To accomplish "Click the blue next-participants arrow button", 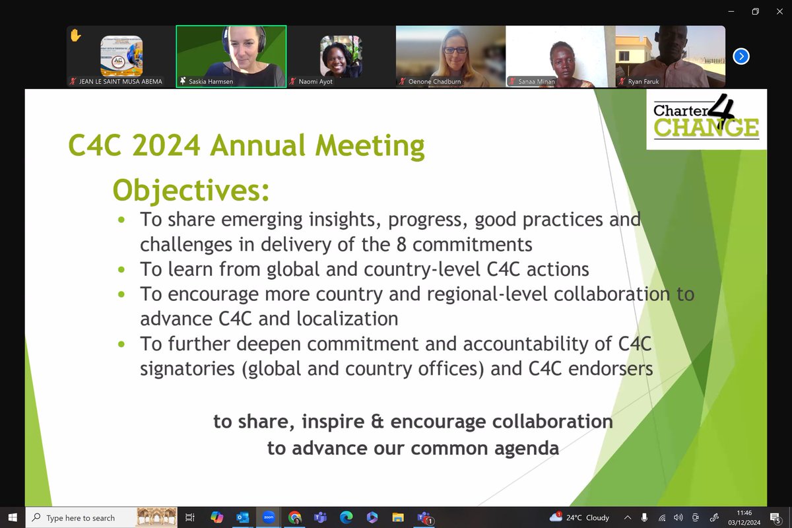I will [x=741, y=56].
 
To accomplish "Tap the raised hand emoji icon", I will [x=75, y=36].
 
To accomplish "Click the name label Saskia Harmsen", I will [x=211, y=81].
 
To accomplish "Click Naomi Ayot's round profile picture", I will [x=341, y=56].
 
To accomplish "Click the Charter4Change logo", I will [x=706, y=119].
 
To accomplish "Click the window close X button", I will [x=779, y=11].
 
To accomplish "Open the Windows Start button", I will [x=12, y=517].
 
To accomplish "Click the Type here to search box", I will [x=81, y=518].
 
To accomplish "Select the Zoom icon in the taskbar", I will [x=269, y=517].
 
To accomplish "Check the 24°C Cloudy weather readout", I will [x=581, y=517].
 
